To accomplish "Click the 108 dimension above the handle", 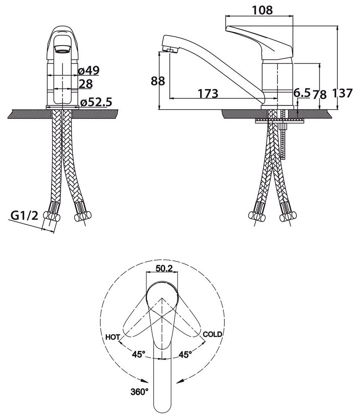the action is pos(263,10).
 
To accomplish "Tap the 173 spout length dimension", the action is pos(208,93).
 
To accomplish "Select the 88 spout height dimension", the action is pos(158,81).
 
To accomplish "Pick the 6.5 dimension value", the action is pos(301,93).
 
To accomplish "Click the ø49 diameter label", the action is pos(89,70).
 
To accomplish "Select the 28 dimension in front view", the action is pos(86,84).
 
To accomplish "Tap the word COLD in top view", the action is pos(213,335).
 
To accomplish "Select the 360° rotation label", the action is pos(139,392).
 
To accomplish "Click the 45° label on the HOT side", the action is pos(139,354).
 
